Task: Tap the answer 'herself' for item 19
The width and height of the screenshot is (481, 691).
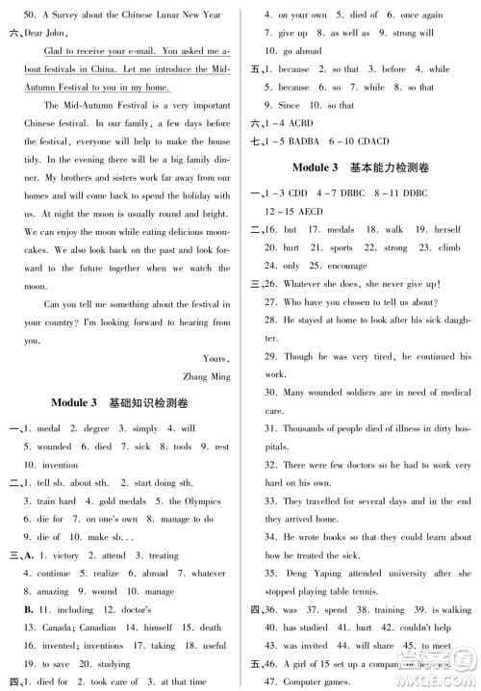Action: tap(448, 230)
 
